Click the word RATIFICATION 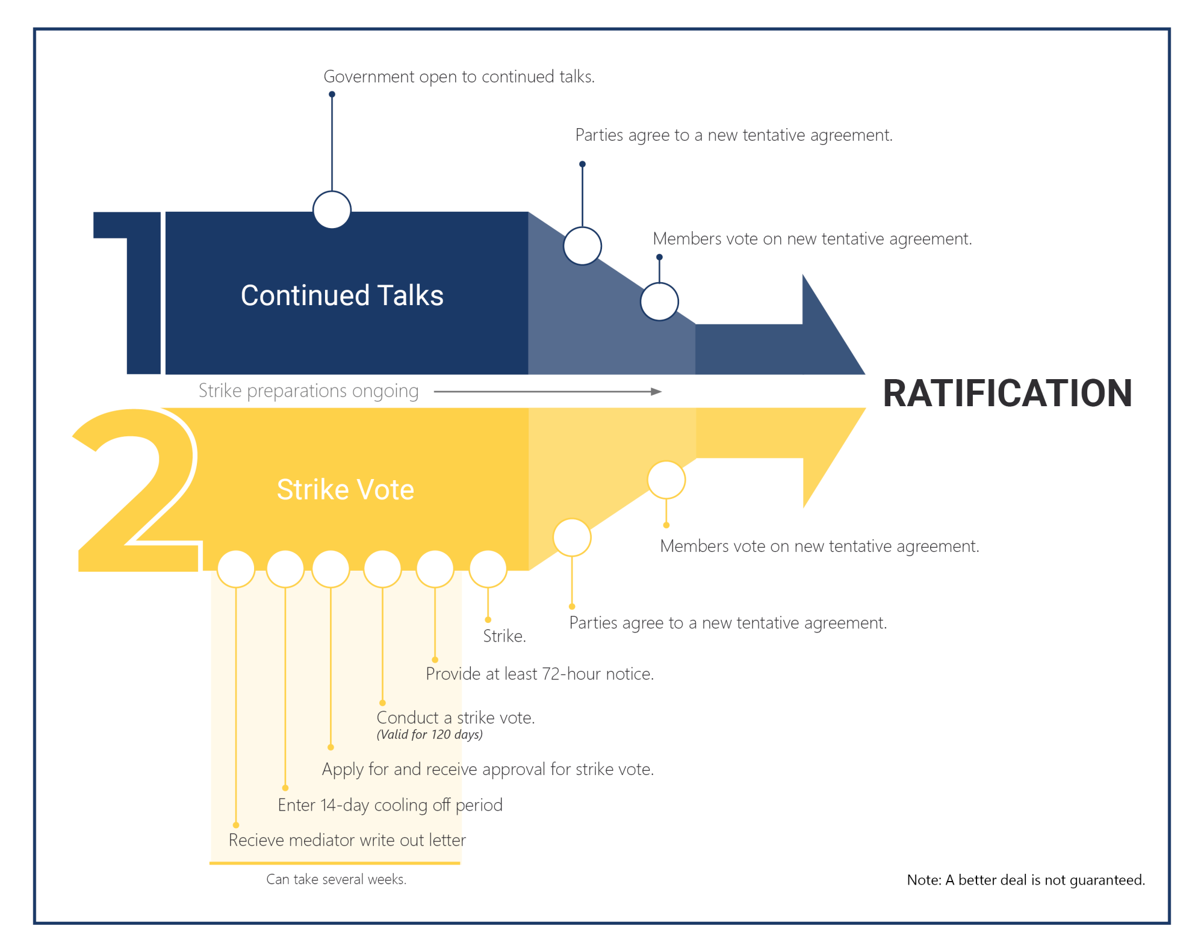click(x=1007, y=394)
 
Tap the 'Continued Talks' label click(x=342, y=295)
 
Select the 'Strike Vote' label click(x=345, y=489)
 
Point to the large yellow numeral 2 click(x=136, y=490)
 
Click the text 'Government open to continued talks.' click(x=459, y=77)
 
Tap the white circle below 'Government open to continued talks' click(x=332, y=210)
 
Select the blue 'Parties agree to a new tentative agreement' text click(x=733, y=135)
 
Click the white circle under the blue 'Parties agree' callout click(x=582, y=246)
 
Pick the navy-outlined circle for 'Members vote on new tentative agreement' click(x=659, y=301)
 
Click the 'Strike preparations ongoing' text click(x=308, y=391)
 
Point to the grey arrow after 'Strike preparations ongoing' click(x=547, y=392)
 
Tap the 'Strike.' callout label click(x=504, y=636)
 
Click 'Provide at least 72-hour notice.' click(x=539, y=674)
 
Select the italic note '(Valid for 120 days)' click(x=429, y=735)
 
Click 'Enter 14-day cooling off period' click(x=389, y=805)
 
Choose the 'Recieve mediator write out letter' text click(x=347, y=840)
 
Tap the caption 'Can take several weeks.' click(x=336, y=879)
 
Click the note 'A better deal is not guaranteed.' click(x=1026, y=880)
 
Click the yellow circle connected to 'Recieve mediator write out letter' click(x=236, y=569)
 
